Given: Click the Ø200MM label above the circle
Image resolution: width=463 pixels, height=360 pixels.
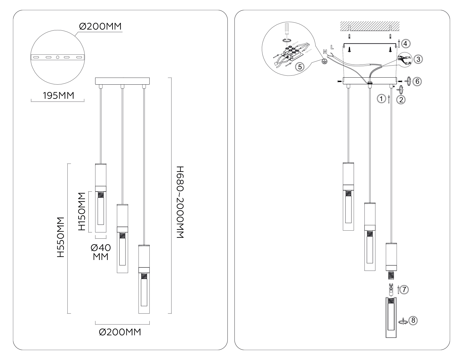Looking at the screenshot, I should tap(100, 26).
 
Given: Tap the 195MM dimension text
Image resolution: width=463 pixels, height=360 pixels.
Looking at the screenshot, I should tap(58, 96).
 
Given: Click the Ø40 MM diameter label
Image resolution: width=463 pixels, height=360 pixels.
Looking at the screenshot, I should tap(101, 252).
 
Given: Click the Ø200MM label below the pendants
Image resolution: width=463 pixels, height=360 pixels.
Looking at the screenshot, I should tap(120, 332).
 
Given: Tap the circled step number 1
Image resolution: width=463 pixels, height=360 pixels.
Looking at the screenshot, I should tap(381, 98).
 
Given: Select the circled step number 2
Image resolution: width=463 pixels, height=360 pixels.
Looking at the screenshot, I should tap(401, 99).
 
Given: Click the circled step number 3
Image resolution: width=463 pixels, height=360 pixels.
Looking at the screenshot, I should tap(418, 59).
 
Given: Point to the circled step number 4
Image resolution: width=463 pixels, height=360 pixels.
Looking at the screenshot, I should tap(406, 43).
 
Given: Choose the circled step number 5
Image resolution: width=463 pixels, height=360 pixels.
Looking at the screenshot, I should tap(299, 67).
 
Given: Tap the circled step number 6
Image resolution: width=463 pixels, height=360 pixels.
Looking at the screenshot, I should tap(417, 81).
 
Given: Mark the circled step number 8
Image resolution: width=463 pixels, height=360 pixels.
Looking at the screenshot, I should tap(413, 320).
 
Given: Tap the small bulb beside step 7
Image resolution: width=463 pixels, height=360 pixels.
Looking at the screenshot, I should tap(391, 290).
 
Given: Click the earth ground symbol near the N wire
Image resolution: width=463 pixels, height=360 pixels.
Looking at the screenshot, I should tap(325, 61).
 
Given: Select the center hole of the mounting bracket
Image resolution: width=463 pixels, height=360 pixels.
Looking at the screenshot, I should tap(58, 57).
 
